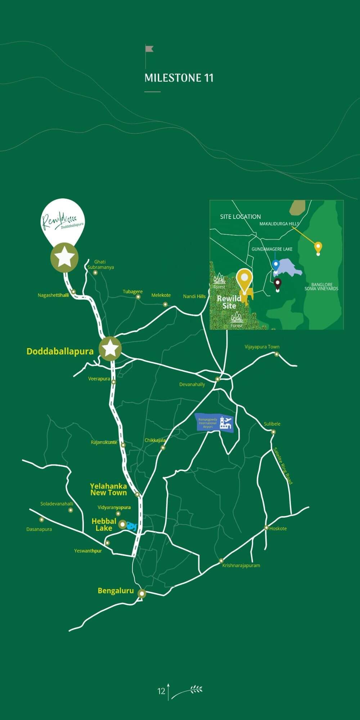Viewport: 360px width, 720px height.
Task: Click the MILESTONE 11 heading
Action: click(x=179, y=78)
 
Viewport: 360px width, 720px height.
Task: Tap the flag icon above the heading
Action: click(x=149, y=49)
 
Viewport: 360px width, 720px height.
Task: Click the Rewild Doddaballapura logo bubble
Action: click(x=63, y=220)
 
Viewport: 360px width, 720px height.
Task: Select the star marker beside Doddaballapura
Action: click(x=111, y=348)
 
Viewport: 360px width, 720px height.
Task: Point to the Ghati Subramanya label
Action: click(x=100, y=265)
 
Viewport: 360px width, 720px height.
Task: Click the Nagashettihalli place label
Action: click(x=53, y=295)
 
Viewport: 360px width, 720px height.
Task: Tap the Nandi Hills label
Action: click(x=194, y=296)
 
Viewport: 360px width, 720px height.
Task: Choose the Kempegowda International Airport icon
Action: click(x=215, y=423)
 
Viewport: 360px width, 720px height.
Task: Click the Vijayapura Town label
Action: click(x=262, y=347)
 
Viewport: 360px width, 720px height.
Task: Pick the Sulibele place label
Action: click(x=272, y=424)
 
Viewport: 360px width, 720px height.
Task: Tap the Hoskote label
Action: click(x=278, y=528)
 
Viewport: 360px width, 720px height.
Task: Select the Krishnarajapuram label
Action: click(x=241, y=565)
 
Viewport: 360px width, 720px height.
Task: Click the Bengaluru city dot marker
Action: click(x=142, y=594)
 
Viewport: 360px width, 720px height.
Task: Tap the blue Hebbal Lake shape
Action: click(x=132, y=527)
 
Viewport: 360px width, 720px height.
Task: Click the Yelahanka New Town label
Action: click(x=108, y=489)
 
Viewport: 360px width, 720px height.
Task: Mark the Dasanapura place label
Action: click(x=39, y=529)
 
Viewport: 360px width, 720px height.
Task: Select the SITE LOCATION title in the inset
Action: click(x=240, y=217)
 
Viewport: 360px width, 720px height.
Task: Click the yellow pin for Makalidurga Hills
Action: click(x=318, y=248)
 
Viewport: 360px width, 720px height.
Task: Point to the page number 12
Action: click(x=161, y=691)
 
